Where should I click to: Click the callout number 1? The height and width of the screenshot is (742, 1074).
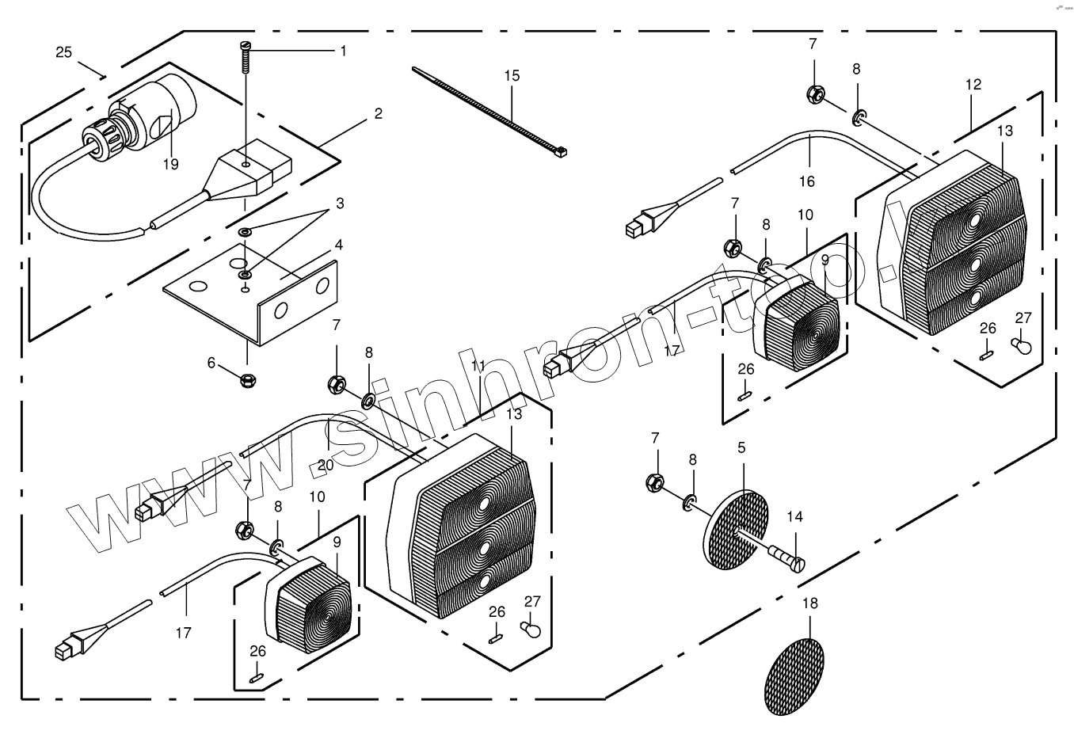[343, 51]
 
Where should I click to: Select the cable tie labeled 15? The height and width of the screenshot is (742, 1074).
[491, 111]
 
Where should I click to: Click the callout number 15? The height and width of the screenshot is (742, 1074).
[512, 76]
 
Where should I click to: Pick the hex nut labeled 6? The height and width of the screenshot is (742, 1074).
[246, 379]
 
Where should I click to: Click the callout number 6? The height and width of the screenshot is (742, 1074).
[211, 363]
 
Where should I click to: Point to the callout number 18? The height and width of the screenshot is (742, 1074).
[809, 603]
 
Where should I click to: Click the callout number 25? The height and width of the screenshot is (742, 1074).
[64, 52]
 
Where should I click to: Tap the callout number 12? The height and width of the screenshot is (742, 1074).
[973, 84]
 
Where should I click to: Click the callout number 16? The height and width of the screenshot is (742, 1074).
[806, 181]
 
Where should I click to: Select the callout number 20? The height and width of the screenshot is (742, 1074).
[326, 465]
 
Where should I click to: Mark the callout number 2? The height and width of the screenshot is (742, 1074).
[379, 113]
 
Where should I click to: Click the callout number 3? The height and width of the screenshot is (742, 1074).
[340, 204]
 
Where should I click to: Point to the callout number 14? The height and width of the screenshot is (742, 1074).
[794, 517]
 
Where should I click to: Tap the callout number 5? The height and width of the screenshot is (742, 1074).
[741, 447]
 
